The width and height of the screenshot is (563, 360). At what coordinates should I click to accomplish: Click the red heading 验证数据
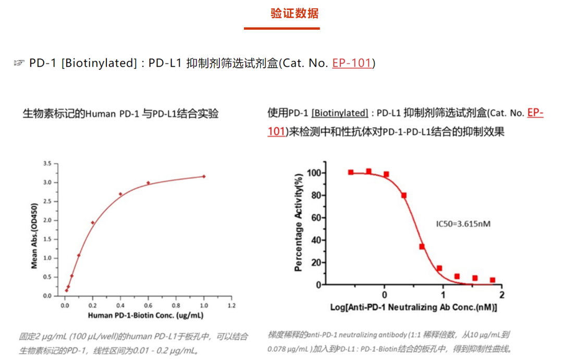[x=295, y=14]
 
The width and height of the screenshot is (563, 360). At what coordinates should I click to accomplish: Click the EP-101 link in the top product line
[x=352, y=63]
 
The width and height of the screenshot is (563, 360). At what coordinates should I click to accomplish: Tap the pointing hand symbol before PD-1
[x=19, y=63]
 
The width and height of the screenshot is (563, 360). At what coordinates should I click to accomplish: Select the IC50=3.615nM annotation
[x=463, y=224]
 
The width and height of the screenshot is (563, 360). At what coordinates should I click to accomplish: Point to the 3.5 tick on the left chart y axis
[x=47, y=164]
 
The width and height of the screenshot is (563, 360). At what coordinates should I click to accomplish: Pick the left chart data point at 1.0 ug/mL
[x=204, y=176]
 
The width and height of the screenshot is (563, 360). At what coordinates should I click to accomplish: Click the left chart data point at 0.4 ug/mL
[x=120, y=194]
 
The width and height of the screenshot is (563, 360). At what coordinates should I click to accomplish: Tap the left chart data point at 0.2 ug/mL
[x=93, y=223]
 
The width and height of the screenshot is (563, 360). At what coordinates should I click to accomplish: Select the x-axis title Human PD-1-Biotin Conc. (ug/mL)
[x=145, y=316]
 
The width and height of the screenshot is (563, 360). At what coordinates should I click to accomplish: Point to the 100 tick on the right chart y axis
[x=314, y=173]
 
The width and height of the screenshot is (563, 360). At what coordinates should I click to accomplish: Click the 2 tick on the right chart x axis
[x=501, y=295]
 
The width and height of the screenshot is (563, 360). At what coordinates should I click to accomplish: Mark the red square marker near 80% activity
[x=403, y=196]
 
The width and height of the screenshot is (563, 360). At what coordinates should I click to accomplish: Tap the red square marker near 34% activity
[x=422, y=246]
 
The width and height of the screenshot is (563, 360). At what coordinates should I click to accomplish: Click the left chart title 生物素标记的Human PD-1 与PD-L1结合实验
[x=120, y=113]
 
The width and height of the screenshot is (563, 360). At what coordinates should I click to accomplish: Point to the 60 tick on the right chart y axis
[x=316, y=218]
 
